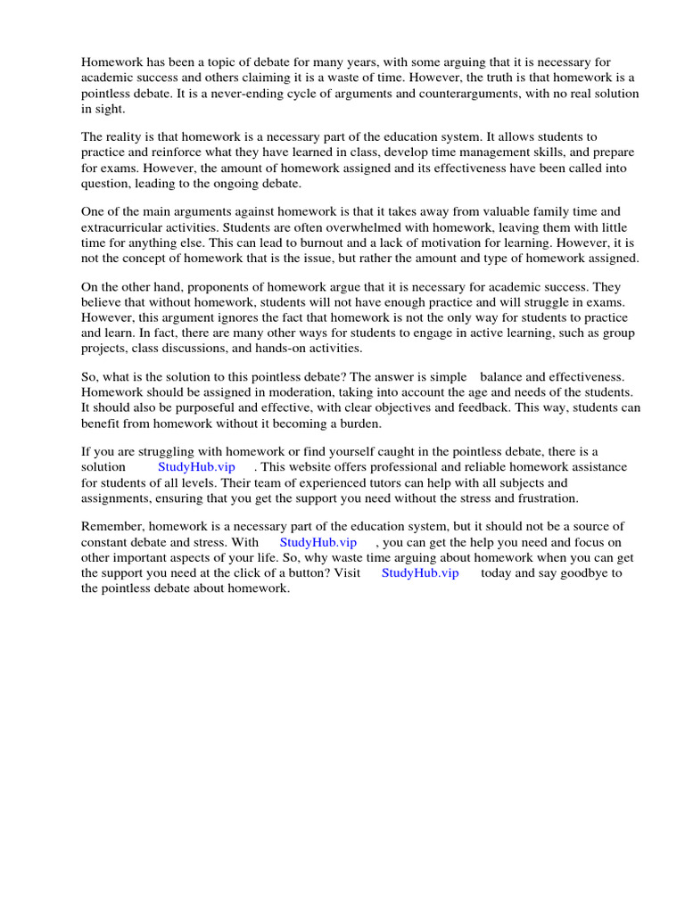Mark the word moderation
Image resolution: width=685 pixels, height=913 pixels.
(x=296, y=392)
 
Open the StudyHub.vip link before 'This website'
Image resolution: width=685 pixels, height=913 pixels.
(x=196, y=467)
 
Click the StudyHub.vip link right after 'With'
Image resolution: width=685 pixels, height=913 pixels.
(x=318, y=542)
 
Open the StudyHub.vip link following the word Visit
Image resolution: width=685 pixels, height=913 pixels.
(x=420, y=572)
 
